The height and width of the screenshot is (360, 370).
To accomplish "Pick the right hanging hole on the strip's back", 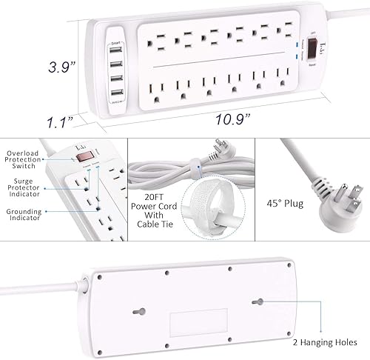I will click(259, 302).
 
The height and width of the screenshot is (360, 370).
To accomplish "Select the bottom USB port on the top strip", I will click(116, 95).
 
